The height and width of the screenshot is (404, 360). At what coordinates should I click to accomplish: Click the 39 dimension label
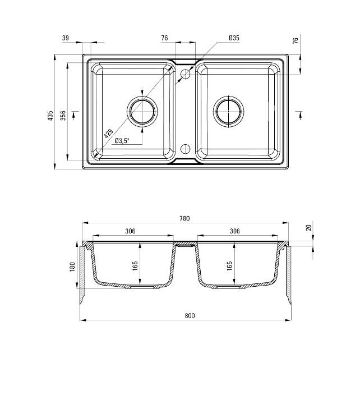(x=66, y=38)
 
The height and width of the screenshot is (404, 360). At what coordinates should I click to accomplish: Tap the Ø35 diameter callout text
(x=234, y=38)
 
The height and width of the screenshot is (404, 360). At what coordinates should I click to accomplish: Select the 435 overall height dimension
(x=50, y=116)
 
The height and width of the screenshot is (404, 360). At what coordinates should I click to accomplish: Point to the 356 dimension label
(x=63, y=116)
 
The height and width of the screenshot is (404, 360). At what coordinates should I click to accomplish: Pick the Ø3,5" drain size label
(x=122, y=141)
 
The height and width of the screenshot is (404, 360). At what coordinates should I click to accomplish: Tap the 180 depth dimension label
(x=72, y=266)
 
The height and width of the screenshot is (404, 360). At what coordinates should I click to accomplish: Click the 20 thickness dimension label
(x=308, y=228)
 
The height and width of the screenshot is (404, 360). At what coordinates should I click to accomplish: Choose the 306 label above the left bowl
(x=130, y=231)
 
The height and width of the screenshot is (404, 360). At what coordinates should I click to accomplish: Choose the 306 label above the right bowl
(x=234, y=231)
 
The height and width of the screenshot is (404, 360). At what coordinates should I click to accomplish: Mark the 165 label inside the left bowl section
(x=135, y=266)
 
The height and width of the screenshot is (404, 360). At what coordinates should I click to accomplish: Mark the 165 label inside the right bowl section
(x=230, y=266)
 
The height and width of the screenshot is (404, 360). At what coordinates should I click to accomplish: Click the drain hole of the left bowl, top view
(x=142, y=111)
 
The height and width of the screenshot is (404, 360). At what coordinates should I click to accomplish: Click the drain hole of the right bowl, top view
(x=229, y=111)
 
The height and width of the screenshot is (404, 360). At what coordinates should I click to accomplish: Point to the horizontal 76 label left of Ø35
(x=164, y=38)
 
